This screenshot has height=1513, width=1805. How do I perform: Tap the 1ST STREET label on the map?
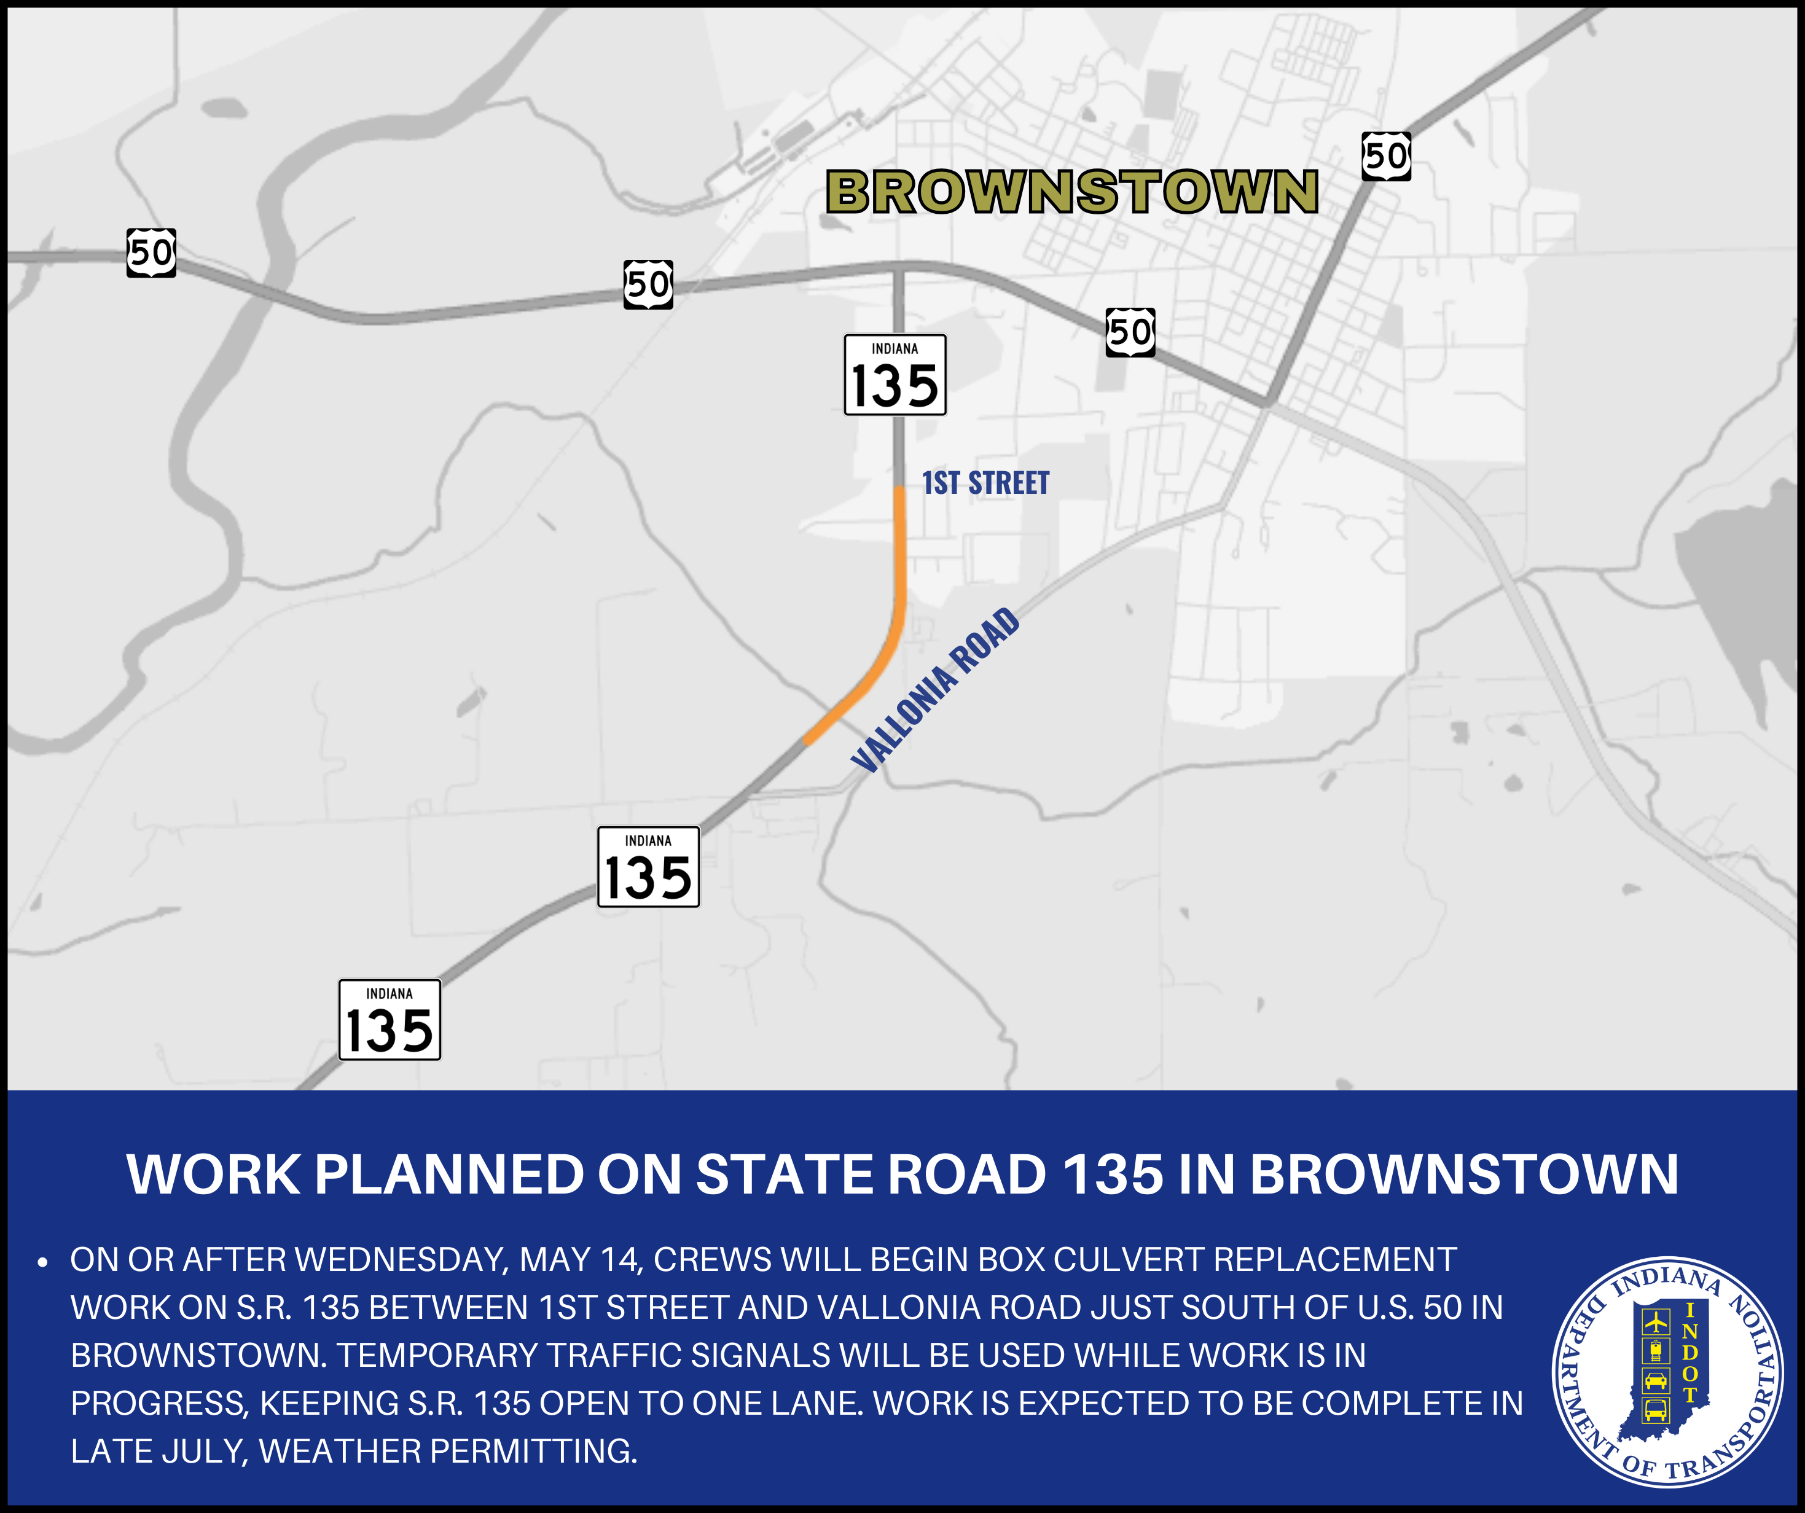986,483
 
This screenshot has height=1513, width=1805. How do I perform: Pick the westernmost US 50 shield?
151,252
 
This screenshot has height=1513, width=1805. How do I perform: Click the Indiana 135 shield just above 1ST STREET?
895,375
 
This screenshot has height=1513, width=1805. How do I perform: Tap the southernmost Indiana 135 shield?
390,1020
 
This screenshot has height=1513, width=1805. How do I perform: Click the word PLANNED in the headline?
450,1175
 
